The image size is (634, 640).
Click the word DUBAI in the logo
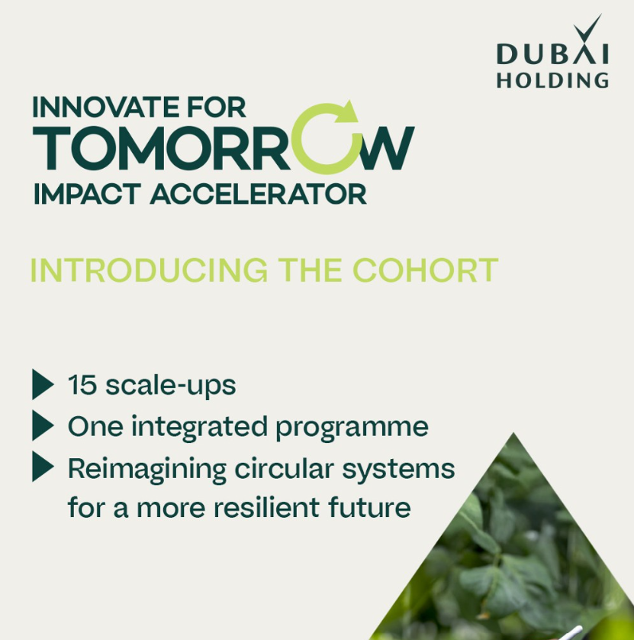point(552,54)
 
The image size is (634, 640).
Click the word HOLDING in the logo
point(552,79)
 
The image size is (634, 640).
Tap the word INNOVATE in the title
point(100,107)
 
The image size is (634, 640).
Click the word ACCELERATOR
point(258,194)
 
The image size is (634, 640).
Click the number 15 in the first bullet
point(82,385)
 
